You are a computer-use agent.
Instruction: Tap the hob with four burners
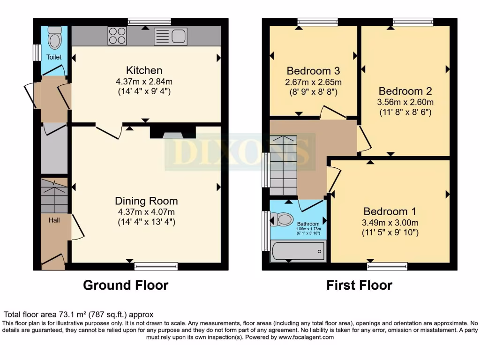(x=117, y=36)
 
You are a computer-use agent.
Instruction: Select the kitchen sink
(x=171, y=36)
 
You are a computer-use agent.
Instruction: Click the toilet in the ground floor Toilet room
(x=54, y=37)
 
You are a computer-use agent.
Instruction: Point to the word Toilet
(x=53, y=57)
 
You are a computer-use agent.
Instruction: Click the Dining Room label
(x=146, y=201)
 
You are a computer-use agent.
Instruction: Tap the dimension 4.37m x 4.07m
(x=146, y=212)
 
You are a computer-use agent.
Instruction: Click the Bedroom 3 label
(x=313, y=71)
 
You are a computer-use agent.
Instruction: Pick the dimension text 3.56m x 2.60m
(x=405, y=102)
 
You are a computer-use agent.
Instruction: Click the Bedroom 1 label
(x=390, y=211)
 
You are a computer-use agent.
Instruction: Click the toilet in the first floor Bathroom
(x=284, y=219)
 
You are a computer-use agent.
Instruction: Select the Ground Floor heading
(x=126, y=285)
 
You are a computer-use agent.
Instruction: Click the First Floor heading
(x=360, y=285)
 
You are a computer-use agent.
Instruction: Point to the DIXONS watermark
(x=240, y=151)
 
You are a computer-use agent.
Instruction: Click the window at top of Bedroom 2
(x=413, y=22)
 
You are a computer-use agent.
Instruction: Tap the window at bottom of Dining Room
(x=156, y=266)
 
